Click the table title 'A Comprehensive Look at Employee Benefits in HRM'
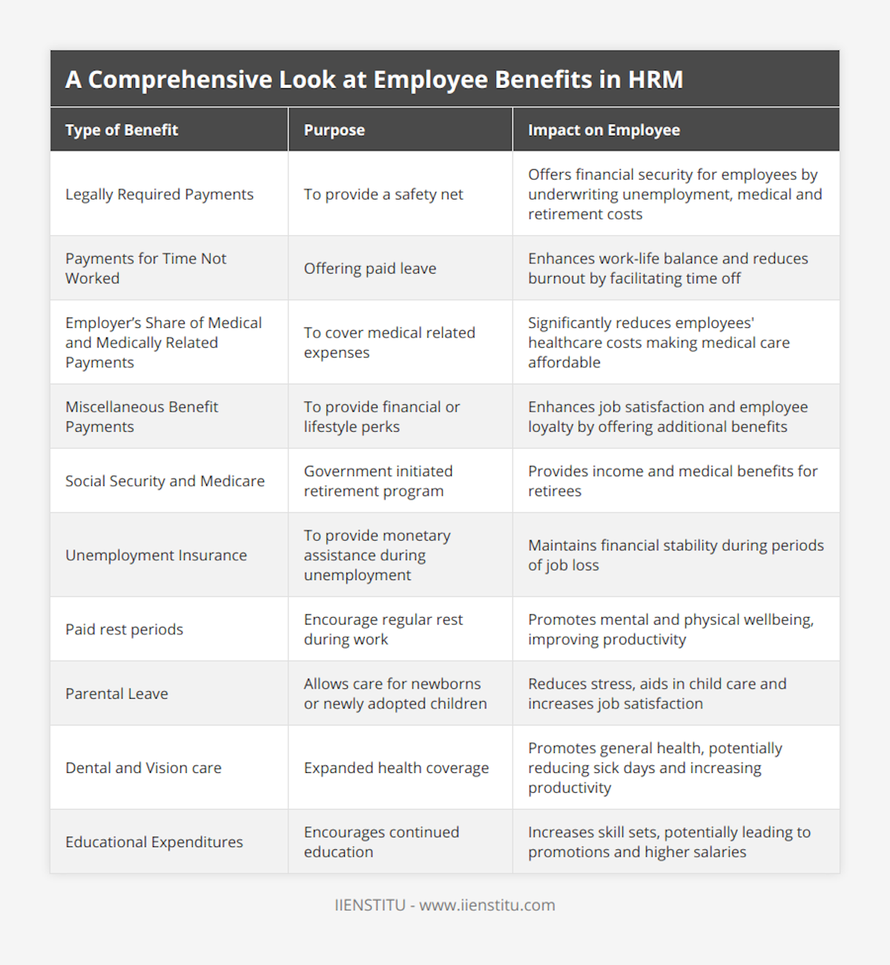(374, 80)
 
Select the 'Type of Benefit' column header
(122, 131)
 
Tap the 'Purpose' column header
(334, 131)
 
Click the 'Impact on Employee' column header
(604, 131)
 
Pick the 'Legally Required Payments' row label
(159, 194)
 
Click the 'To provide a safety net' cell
(383, 194)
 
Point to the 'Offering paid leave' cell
(370, 269)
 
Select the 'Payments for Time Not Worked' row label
(146, 269)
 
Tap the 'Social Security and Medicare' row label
(165, 481)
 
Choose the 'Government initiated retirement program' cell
(378, 481)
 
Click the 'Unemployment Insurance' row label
(156, 556)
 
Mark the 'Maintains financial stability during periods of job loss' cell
(676, 556)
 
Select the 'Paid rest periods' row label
(124, 630)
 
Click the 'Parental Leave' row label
(116, 694)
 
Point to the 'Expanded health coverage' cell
(396, 768)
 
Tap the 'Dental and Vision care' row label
(143, 768)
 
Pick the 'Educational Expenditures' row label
(154, 843)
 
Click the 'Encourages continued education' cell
(381, 843)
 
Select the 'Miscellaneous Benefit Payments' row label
(142, 417)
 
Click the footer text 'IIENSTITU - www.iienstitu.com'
(445, 906)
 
